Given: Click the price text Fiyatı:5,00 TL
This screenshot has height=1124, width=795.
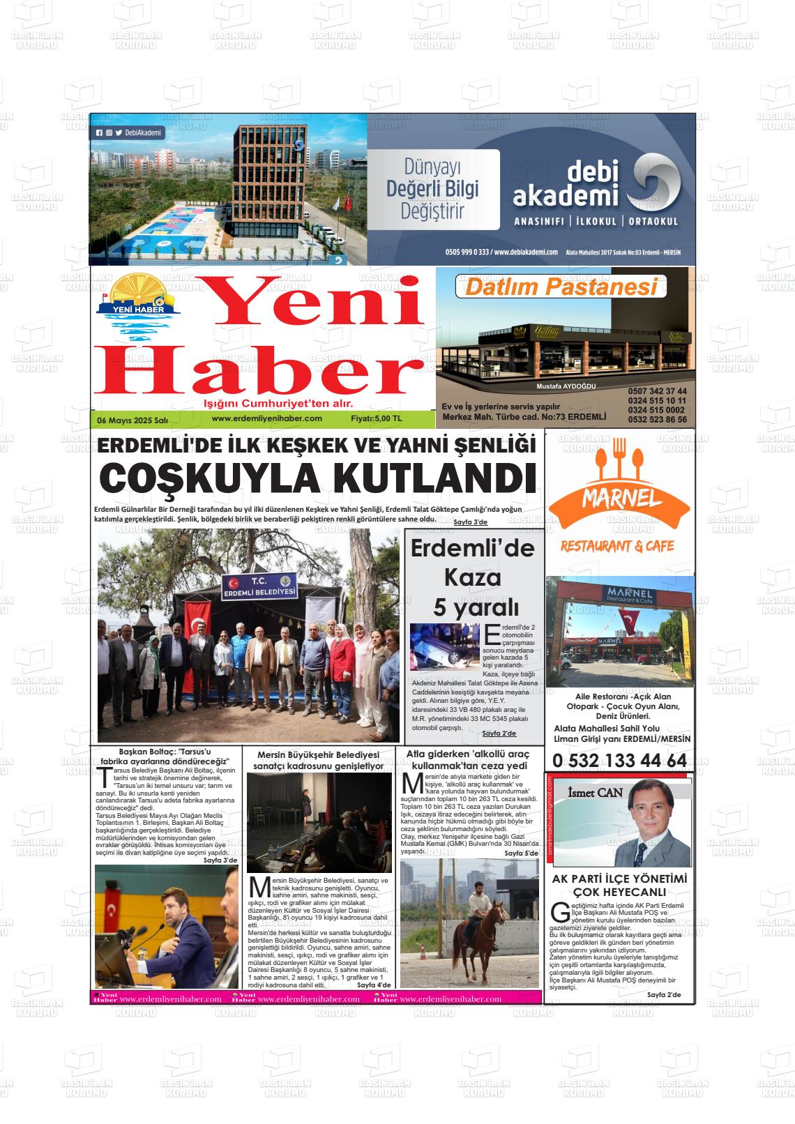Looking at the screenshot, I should coord(377,419).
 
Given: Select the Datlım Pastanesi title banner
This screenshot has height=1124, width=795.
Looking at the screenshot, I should coord(561,287).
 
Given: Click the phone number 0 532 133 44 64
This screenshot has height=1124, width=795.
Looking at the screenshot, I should coord(619,761).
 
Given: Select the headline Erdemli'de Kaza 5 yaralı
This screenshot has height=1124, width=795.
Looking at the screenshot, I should coord(472,577).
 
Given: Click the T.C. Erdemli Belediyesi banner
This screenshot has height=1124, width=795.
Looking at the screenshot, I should coord(259,586).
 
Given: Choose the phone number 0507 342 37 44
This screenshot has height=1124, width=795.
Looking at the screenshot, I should coord(657,391).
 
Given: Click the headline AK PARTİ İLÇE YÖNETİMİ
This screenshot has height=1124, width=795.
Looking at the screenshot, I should coord(619,879).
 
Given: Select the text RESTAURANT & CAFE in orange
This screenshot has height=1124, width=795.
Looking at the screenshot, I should coord(617,546).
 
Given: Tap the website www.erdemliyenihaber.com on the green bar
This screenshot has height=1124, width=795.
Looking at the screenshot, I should coord(266,418).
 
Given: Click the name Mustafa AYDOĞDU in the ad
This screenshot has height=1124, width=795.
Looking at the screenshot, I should coord(566,386).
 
